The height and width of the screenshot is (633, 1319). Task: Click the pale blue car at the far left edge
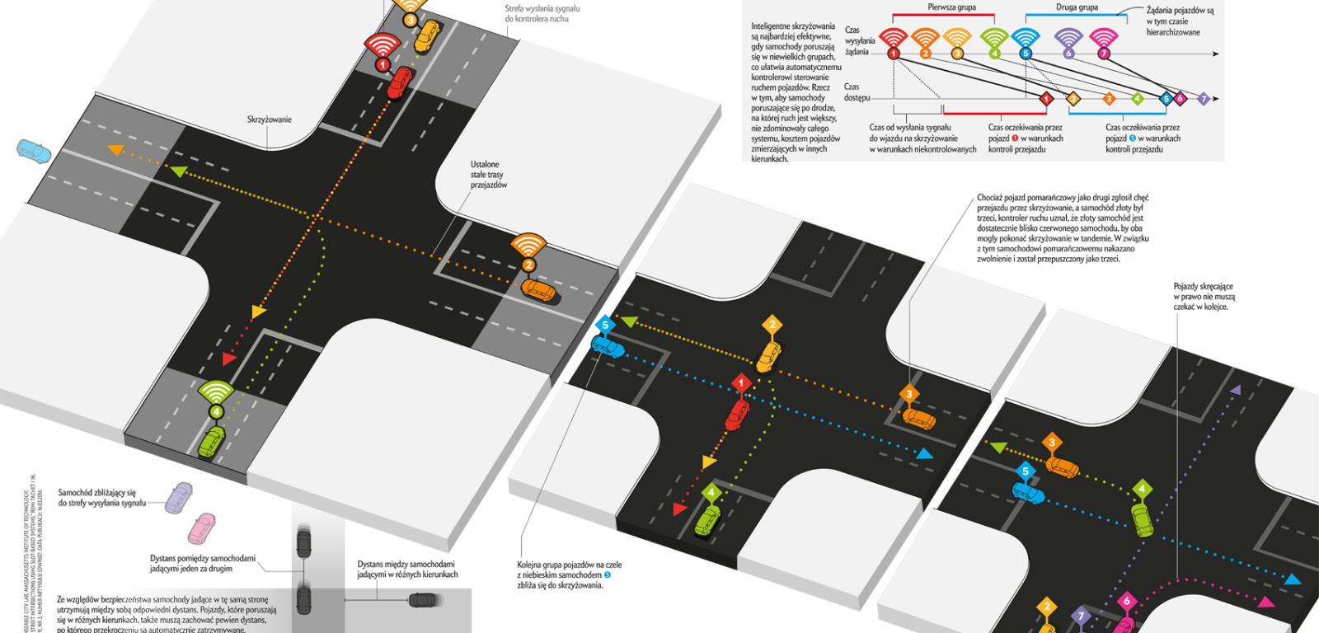click(x=33, y=151)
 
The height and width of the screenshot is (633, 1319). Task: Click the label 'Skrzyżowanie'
click(x=269, y=120)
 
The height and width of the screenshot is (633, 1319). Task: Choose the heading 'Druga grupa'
click(x=1077, y=7)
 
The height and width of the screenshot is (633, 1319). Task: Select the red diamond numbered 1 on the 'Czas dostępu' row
click(x=1046, y=99)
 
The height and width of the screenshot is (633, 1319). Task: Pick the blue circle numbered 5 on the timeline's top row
click(x=1026, y=54)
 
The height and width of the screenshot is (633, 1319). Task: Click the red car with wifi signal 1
click(x=400, y=83)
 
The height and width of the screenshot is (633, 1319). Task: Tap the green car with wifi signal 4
click(x=213, y=443)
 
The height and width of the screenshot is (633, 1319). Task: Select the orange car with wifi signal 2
click(x=539, y=290)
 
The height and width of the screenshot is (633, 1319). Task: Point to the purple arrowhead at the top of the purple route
click(x=1236, y=388)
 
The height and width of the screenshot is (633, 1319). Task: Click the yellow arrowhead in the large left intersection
click(x=258, y=312)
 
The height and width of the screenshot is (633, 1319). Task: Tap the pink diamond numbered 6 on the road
click(x=1128, y=602)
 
